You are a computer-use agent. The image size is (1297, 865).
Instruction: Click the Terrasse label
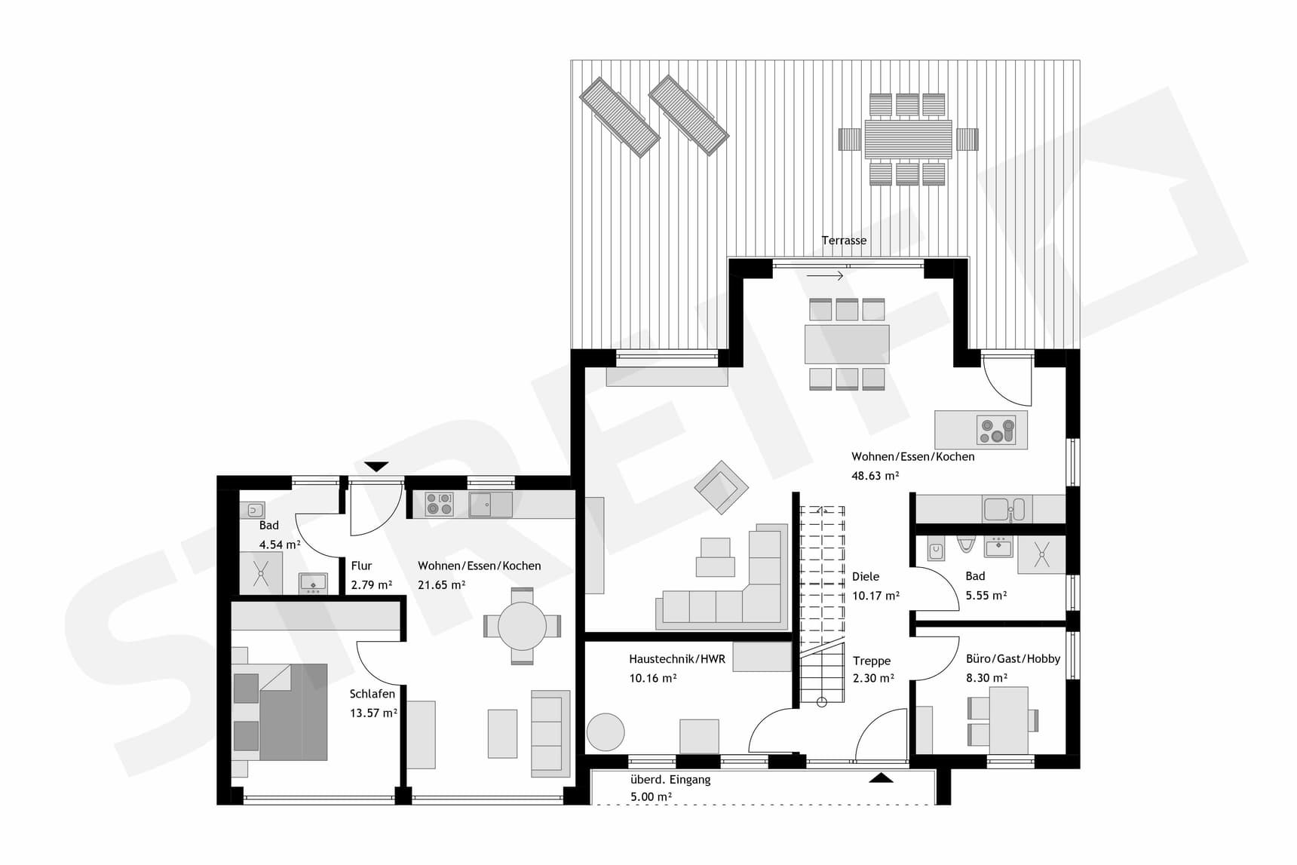point(844,241)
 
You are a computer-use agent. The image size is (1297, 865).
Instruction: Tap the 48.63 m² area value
point(875,476)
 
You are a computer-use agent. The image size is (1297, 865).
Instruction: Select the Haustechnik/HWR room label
point(676,659)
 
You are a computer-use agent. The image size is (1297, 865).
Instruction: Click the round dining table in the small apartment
point(522,626)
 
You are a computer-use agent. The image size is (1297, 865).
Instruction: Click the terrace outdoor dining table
point(908,140)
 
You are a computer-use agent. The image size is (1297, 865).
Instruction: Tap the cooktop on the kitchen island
point(996,430)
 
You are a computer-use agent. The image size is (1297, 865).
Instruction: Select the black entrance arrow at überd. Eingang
point(881,778)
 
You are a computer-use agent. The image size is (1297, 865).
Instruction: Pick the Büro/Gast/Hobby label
point(1013,659)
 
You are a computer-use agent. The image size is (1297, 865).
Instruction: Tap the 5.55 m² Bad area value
point(986,596)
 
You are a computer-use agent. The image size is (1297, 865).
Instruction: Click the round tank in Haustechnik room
point(606,732)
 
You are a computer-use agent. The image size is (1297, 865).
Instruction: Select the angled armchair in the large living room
point(722,487)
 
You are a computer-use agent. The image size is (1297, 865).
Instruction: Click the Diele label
point(866,577)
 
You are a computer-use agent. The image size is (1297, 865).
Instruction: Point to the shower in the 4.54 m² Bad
point(261,573)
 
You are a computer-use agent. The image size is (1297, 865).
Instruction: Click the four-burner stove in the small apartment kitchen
point(439,504)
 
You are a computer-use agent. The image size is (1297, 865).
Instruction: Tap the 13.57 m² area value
point(373,713)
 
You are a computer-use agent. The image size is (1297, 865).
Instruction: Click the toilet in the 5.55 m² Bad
point(966,544)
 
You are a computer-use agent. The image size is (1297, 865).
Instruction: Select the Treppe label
point(872,661)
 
